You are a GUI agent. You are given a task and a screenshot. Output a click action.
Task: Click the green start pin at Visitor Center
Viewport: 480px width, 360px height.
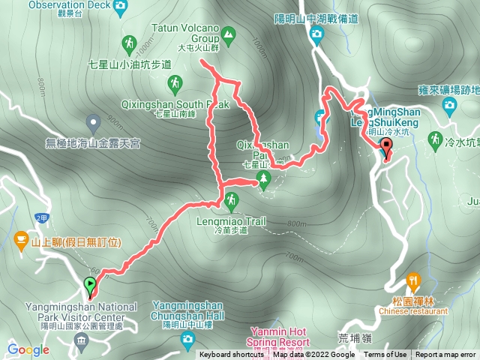click(x=91, y=286)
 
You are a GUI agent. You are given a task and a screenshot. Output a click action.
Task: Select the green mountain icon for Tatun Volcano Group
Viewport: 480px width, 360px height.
click(x=227, y=33)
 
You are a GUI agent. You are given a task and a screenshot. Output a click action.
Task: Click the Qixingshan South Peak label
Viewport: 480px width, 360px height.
click(x=174, y=105)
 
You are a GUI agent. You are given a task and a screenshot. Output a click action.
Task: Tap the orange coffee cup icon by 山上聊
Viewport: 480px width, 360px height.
click(x=21, y=240)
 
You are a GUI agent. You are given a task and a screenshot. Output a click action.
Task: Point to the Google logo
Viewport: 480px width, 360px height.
click(x=28, y=349)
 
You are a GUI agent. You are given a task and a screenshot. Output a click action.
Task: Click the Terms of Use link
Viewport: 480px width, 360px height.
click(x=385, y=355)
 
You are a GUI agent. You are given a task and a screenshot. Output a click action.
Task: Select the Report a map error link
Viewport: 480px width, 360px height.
click(x=445, y=355)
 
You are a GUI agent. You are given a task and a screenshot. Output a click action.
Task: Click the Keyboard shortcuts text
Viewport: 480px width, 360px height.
click(x=231, y=355)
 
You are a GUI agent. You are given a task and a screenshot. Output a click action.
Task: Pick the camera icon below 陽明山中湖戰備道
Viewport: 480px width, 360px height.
click(x=316, y=34)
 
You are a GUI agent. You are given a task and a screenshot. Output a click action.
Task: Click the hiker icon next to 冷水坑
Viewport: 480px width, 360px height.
click(x=434, y=139)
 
